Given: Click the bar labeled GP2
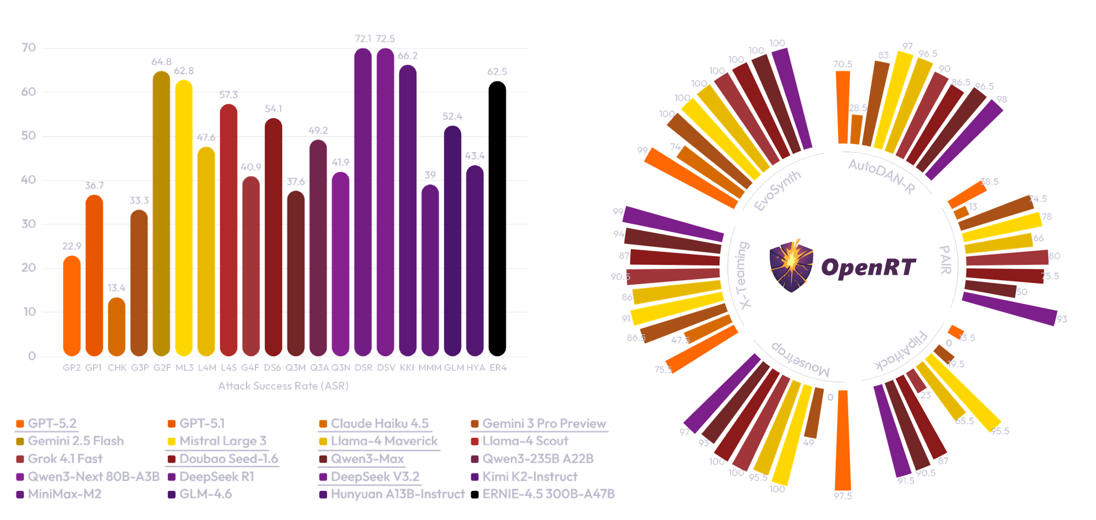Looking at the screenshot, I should tap(72, 307).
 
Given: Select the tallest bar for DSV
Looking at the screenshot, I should tap(386, 203).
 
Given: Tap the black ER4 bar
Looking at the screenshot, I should tap(497, 219).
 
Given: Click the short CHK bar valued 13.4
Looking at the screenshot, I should tap(117, 327).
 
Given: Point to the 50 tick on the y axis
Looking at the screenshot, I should tap(28, 136).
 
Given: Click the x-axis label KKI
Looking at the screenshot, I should tap(407, 368).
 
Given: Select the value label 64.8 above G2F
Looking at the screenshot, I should tap(161, 62).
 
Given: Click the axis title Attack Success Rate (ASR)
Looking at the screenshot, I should tap(283, 386).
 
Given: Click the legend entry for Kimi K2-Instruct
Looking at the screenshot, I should tap(529, 477).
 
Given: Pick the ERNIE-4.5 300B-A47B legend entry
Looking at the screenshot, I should tap(548, 494).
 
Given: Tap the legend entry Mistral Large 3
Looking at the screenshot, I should tap(222, 441).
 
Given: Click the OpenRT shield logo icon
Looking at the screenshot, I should tap(791, 265).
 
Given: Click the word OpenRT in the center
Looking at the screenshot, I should tap(868, 268).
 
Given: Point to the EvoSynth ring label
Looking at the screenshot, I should tap(777, 191).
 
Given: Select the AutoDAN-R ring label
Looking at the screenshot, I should tap(881, 176).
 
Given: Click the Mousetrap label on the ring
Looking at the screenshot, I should tap(801, 360).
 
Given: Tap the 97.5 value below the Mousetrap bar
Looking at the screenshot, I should tap(843, 496).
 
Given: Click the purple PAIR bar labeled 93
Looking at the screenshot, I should tap(1009, 308).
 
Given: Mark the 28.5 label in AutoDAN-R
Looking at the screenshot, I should tap(858, 108).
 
